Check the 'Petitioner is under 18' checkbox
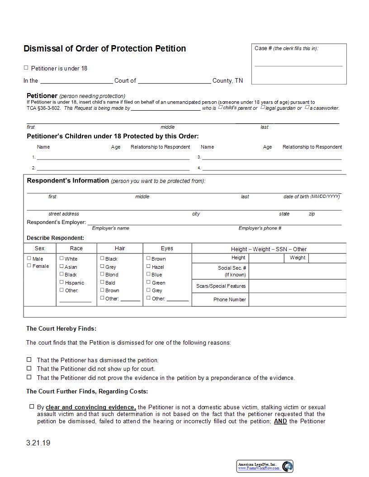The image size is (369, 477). (26, 68)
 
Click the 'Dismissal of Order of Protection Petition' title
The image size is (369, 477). (104, 48)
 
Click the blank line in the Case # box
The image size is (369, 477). (298, 66)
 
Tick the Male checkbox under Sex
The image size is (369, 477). (29, 258)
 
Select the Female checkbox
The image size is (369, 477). (29, 266)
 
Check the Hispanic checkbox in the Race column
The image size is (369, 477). (61, 282)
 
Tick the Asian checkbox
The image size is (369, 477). (61, 267)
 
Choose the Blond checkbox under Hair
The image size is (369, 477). (102, 274)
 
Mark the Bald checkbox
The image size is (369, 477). (102, 282)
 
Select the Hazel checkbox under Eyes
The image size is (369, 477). (148, 267)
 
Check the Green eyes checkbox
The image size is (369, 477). (148, 282)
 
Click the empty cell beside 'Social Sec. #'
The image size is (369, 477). (297, 271)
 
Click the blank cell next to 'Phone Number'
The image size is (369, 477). (297, 299)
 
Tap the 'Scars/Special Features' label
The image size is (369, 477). (221, 286)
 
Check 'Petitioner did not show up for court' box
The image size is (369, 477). (29, 369)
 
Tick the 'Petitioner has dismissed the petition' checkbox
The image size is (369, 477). (29, 360)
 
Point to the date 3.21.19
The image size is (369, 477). (38, 443)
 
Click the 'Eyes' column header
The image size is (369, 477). (167, 248)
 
